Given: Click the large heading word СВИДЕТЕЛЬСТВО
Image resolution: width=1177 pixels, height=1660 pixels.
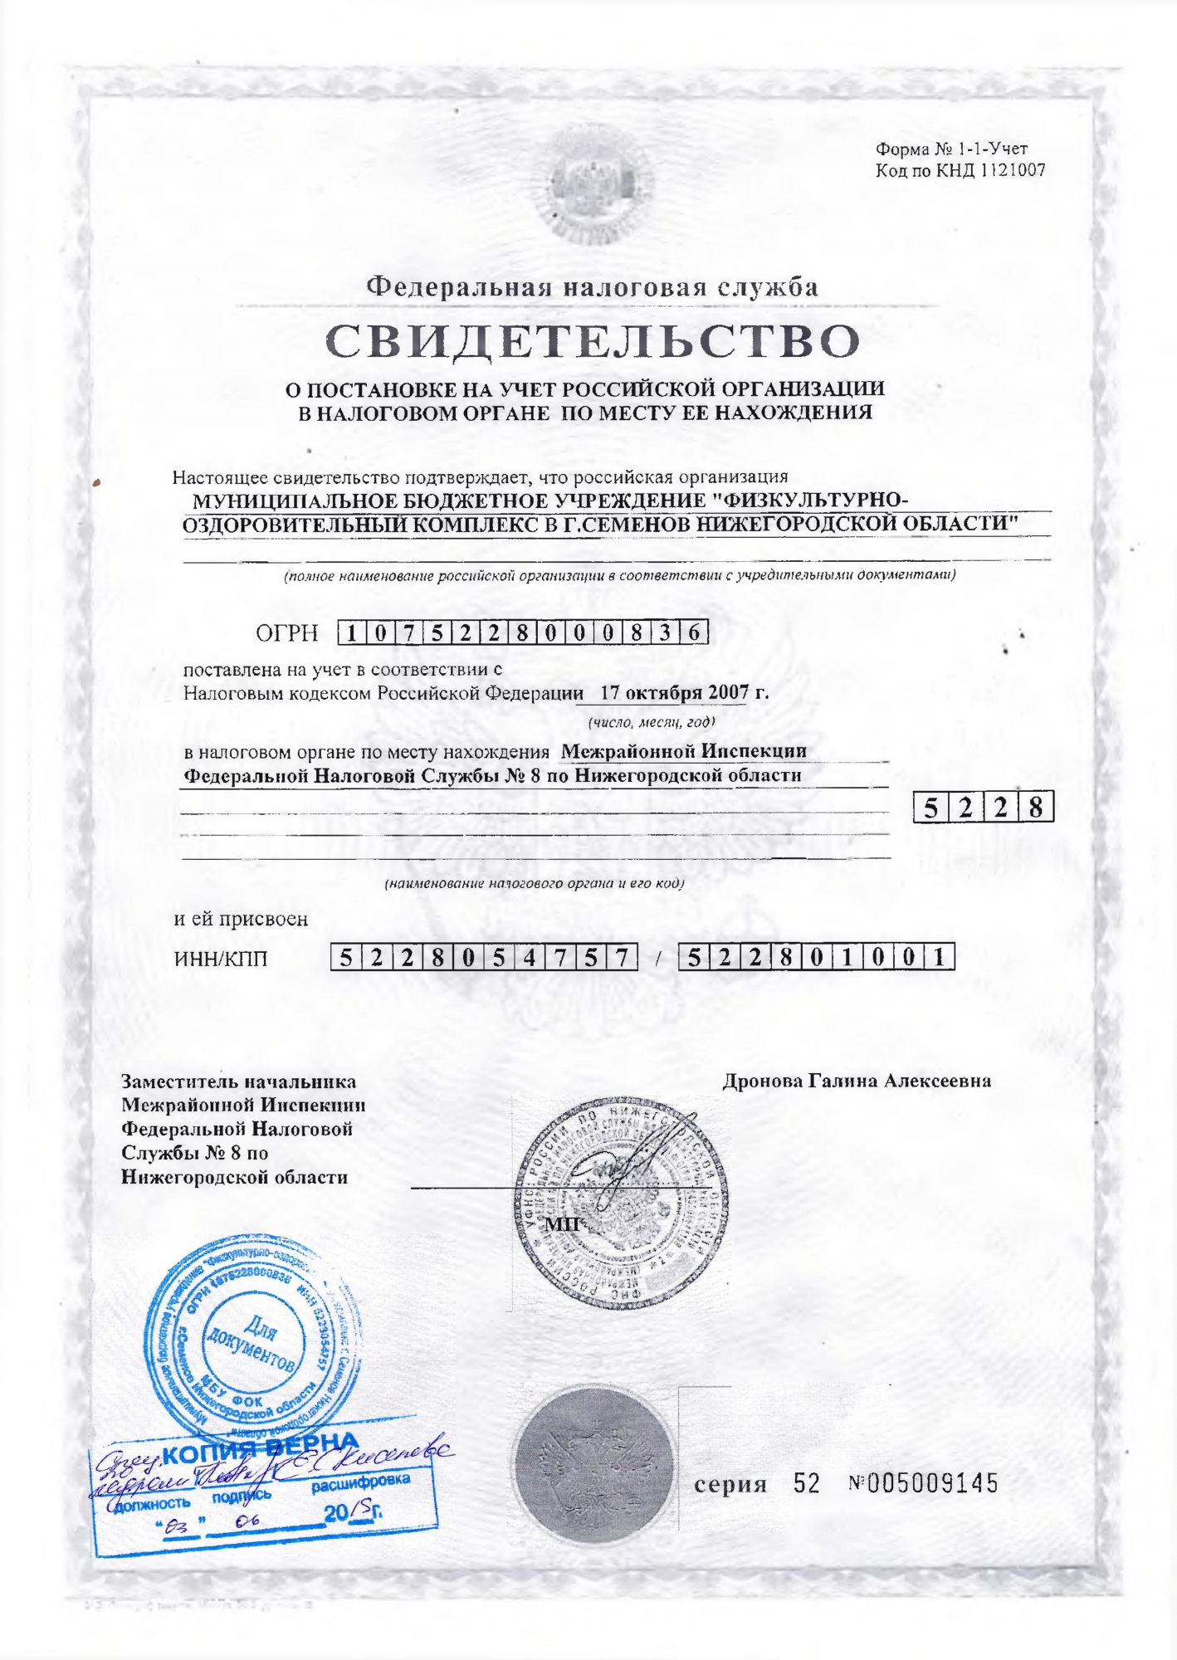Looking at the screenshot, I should click(x=593, y=341).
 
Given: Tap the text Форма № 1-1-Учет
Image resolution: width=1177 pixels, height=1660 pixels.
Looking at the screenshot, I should click(x=951, y=149).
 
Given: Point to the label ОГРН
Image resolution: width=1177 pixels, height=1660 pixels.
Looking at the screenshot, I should click(x=286, y=633).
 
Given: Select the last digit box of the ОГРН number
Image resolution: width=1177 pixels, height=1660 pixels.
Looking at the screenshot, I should click(x=695, y=633).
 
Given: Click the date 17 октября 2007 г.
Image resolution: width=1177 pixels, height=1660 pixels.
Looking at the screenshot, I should click(x=684, y=692).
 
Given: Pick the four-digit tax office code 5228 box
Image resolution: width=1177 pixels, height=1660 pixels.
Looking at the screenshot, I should click(x=983, y=807).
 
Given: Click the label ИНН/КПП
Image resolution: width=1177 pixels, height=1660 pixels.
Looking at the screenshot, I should click(x=221, y=959).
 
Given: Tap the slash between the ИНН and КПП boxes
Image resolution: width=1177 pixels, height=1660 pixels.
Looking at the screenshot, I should click(x=657, y=959).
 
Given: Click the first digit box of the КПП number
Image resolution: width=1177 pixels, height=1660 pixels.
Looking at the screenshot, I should click(x=694, y=958).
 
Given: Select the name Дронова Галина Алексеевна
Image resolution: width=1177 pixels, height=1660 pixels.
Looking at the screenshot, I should click(x=857, y=1081).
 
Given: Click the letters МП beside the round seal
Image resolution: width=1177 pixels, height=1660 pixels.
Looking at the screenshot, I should click(x=561, y=1224).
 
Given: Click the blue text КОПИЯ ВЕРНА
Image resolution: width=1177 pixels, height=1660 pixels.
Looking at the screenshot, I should click(x=260, y=1449).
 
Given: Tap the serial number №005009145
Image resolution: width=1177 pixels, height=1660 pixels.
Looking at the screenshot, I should click(x=923, y=1483).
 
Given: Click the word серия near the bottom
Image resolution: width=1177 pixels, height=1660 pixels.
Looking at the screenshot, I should click(x=730, y=1484).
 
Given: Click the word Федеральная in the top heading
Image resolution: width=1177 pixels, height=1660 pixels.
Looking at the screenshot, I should click(x=459, y=287).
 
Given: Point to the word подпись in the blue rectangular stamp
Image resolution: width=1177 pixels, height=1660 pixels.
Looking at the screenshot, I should click(x=242, y=1496).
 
